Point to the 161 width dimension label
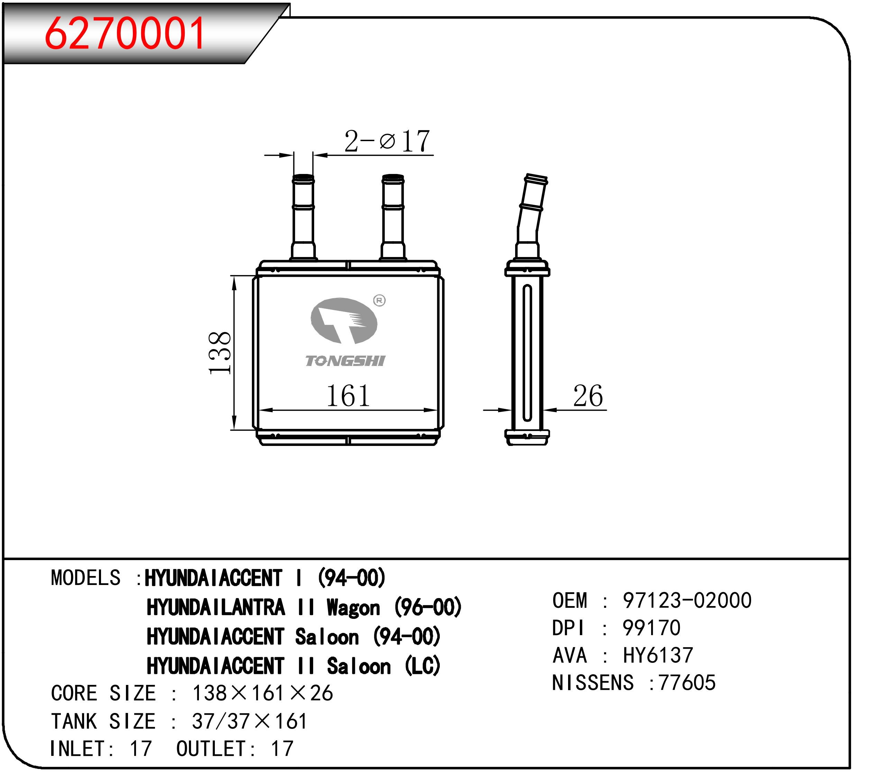tap(348, 395)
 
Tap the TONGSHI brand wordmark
tap(345, 361)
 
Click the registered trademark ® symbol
tap(379, 300)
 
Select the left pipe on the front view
tap(303, 217)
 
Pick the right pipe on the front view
tap(393, 217)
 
